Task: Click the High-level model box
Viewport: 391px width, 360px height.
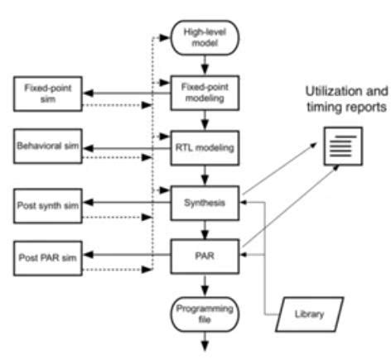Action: click(x=205, y=37)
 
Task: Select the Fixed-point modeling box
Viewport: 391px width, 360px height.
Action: click(x=205, y=93)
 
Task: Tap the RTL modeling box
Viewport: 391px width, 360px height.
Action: click(x=205, y=148)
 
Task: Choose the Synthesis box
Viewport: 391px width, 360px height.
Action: click(x=205, y=203)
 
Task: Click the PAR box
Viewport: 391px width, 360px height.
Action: click(x=205, y=257)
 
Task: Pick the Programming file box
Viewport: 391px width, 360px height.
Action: click(x=205, y=314)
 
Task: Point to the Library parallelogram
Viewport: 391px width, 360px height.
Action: click(x=310, y=314)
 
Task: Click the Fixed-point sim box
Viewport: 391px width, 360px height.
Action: click(x=48, y=94)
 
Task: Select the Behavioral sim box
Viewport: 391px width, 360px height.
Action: click(x=48, y=146)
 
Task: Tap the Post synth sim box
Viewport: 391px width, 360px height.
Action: click(x=48, y=206)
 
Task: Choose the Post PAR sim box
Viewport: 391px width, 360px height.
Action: click(x=48, y=258)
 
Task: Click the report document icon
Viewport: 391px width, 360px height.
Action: click(x=343, y=146)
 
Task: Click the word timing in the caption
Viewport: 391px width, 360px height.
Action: click(x=324, y=108)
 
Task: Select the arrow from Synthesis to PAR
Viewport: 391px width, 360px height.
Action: click(x=205, y=230)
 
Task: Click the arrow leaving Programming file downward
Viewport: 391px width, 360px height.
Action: click(x=205, y=341)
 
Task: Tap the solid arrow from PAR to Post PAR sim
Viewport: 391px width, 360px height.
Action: click(x=127, y=255)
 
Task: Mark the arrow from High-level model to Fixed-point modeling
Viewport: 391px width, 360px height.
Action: click(x=205, y=65)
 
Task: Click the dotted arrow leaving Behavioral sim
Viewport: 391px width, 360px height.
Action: click(x=118, y=157)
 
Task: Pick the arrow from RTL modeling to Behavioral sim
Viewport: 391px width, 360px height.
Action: click(x=127, y=149)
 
